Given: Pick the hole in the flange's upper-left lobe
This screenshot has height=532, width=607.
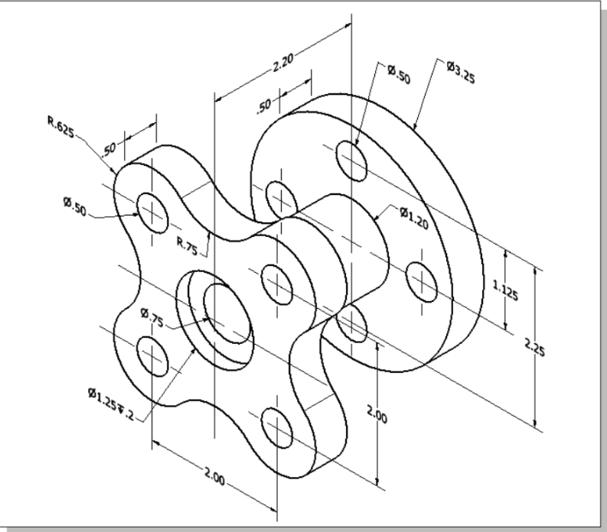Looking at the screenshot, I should coord(152,211).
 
